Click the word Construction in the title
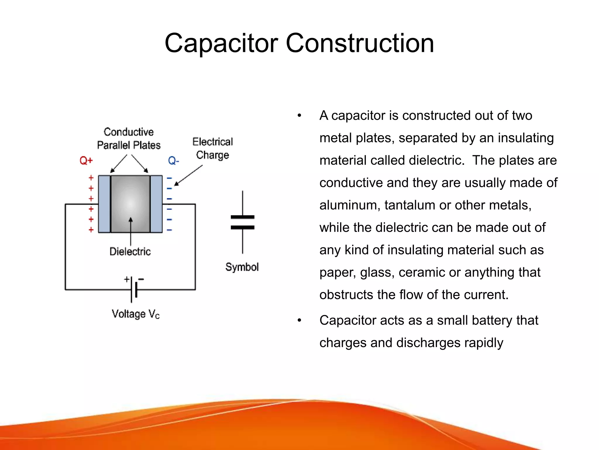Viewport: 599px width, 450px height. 359,43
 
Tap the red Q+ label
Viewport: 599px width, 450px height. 86,161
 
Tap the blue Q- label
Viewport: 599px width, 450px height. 173,161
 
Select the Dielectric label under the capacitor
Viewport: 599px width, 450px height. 130,251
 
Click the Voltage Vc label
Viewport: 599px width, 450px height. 136,314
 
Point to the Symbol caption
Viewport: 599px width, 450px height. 242,267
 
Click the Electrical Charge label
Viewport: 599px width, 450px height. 213,148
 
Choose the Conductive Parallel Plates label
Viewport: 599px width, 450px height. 129,139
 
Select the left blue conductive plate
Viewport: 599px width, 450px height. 104,204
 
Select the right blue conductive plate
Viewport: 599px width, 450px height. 156,204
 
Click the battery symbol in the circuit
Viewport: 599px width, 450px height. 134,289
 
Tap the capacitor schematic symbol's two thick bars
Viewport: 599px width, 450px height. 242,222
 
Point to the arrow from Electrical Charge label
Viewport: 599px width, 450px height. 189,175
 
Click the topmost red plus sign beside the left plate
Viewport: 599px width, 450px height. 91,178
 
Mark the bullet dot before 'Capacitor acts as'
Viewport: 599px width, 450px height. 299,320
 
